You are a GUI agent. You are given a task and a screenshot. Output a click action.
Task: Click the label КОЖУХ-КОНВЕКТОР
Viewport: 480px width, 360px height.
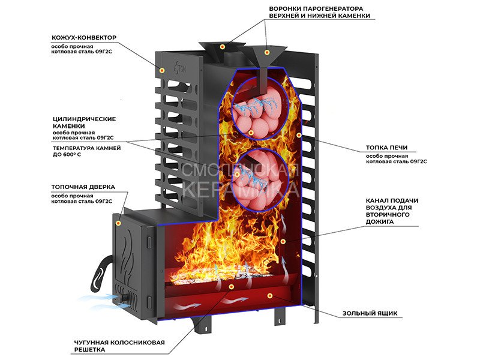(84, 38)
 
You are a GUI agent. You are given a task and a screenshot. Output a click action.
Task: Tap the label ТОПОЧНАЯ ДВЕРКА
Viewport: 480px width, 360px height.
(83, 187)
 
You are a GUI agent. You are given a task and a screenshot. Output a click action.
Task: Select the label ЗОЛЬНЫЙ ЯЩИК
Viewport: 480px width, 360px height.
(370, 313)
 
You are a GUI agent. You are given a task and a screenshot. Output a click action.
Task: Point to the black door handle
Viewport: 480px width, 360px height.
(100, 273)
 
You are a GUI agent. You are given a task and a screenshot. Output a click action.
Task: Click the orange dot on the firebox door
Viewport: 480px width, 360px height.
(119, 223)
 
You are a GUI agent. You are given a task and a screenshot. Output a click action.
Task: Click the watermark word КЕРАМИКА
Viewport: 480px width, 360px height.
(240, 189)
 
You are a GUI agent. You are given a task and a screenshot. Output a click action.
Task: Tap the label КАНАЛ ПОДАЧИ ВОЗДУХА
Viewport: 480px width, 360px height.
(392, 211)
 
